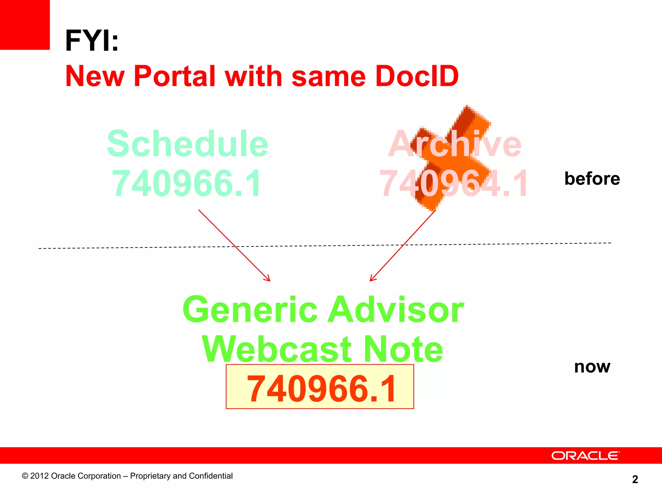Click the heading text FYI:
click(x=92, y=40)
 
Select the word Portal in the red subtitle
click(x=175, y=76)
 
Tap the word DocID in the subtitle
click(x=417, y=76)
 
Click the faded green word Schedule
click(x=187, y=144)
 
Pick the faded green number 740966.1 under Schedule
click(x=187, y=183)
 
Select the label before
click(x=592, y=179)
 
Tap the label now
click(x=592, y=367)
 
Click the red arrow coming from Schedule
click(x=234, y=245)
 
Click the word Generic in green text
click(x=251, y=310)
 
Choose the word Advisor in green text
click(x=396, y=310)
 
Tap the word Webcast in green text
click(x=277, y=349)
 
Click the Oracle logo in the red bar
click(x=585, y=456)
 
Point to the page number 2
click(x=635, y=479)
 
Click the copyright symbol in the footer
click(x=25, y=476)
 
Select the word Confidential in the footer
click(x=210, y=476)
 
